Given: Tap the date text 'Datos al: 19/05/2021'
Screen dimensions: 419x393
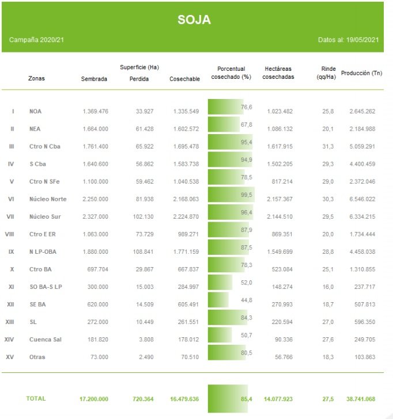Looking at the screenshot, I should click(x=348, y=40).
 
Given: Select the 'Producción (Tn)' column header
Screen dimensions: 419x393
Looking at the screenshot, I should click(x=361, y=73).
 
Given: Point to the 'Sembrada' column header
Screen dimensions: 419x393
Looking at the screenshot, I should click(x=94, y=79).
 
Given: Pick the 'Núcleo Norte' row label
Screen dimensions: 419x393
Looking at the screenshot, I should click(x=47, y=199).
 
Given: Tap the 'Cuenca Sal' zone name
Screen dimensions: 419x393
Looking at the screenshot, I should click(x=45, y=340).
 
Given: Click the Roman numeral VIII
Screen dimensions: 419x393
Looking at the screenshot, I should click(x=9, y=234).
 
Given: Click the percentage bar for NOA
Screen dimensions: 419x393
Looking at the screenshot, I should click(x=225, y=108).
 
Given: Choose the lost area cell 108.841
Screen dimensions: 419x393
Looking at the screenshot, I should click(x=138, y=252).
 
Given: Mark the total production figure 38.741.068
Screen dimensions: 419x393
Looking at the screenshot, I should click(x=361, y=398).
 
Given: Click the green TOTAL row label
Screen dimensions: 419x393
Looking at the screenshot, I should click(x=36, y=398).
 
